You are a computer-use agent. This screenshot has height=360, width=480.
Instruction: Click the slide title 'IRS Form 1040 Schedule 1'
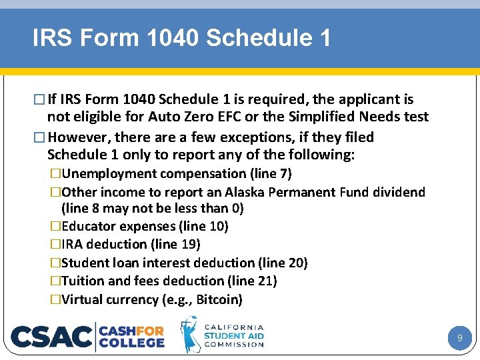point(181,38)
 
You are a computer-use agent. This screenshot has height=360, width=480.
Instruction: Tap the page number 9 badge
point(459,339)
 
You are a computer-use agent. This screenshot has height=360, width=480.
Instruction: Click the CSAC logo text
point(52,337)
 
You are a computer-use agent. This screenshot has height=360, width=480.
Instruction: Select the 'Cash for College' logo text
point(132,336)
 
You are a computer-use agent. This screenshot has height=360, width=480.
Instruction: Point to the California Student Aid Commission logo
point(223,335)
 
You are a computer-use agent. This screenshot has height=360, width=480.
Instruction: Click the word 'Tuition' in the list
point(82,281)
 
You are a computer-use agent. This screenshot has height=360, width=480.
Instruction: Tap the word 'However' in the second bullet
point(79,137)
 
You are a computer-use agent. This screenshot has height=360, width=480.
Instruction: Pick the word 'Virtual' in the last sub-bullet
point(83,300)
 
